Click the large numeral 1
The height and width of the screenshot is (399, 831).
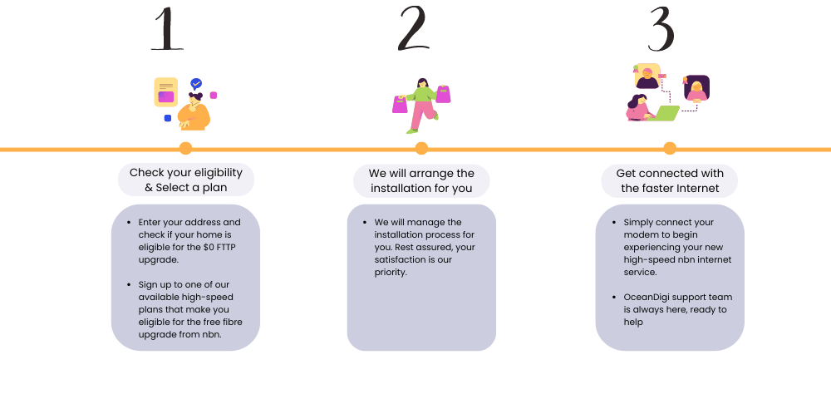pos(167,29)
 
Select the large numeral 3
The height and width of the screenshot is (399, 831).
pos(661,29)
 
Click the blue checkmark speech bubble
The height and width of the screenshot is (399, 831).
pos(196,84)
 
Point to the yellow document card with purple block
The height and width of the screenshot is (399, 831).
pos(166,92)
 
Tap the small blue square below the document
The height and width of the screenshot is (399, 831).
pos(168,118)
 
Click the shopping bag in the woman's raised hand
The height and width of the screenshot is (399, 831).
pos(443,94)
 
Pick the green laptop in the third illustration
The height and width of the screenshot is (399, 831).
pos(663,113)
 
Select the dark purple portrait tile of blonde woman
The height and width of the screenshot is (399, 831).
pos(696,88)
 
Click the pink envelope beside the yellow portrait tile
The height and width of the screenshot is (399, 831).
pos(663,76)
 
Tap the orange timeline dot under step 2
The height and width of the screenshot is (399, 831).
pos(421,148)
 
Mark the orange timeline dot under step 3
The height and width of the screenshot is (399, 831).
pos(670,148)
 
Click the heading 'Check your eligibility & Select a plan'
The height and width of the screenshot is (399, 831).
pos(186,180)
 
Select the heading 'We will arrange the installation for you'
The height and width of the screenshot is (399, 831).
pos(421,180)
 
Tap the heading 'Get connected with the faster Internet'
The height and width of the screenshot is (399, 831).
pos(670,180)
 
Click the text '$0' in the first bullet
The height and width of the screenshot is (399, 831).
pos(209,247)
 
